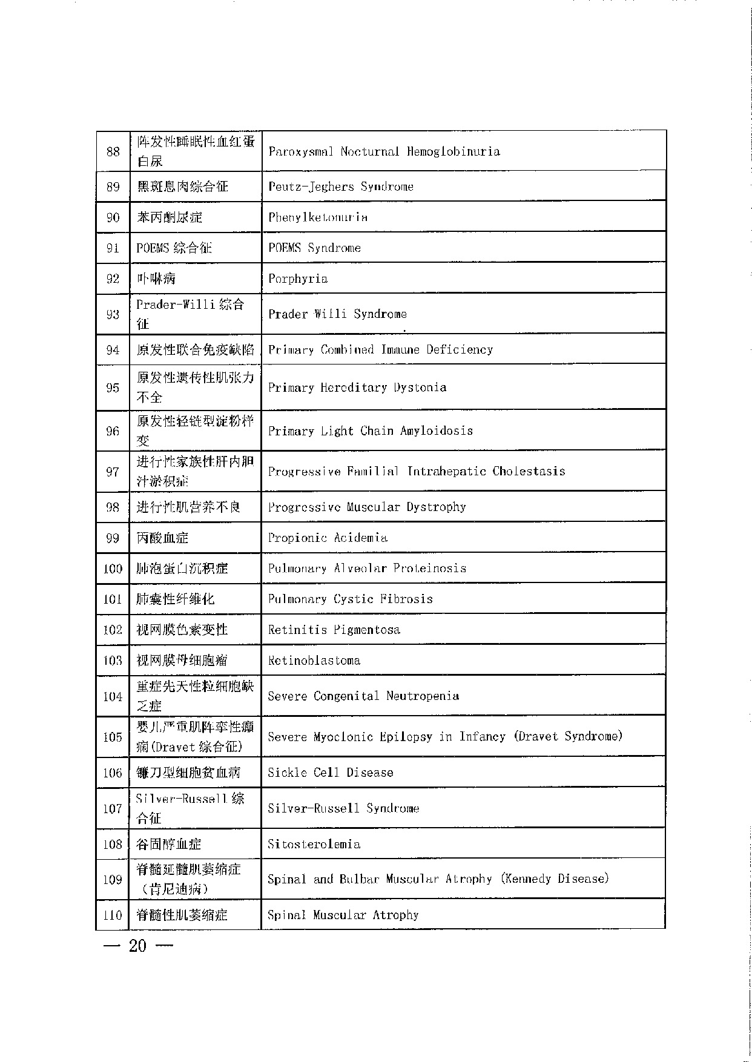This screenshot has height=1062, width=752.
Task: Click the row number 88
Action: pyautogui.click(x=113, y=151)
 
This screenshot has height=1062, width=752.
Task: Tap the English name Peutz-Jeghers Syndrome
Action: pyautogui.click(x=341, y=186)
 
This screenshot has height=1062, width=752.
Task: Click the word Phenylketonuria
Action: pyautogui.click(x=318, y=217)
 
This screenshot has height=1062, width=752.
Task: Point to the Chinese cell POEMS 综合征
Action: pyautogui.click(x=174, y=248)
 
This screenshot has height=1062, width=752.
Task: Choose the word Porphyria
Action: pyautogui.click(x=298, y=279)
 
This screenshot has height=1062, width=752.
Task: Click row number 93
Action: pyautogui.click(x=113, y=314)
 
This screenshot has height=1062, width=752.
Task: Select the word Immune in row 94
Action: pyautogui.click(x=400, y=350)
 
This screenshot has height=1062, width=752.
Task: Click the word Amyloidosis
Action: pyautogui.click(x=437, y=431)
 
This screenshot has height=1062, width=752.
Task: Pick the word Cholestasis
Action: pyautogui.click(x=529, y=471)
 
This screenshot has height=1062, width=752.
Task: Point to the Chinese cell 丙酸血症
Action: pyautogui.click(x=162, y=538)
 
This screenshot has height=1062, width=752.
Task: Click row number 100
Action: pyautogui.click(x=113, y=569)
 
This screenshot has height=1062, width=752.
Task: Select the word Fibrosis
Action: pyautogui.click(x=406, y=599)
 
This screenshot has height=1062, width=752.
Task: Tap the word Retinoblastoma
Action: pyautogui.click(x=314, y=661)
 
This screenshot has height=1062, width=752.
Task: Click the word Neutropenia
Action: pyautogui.click(x=423, y=696)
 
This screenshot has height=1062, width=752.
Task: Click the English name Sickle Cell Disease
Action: pyautogui.click(x=331, y=773)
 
